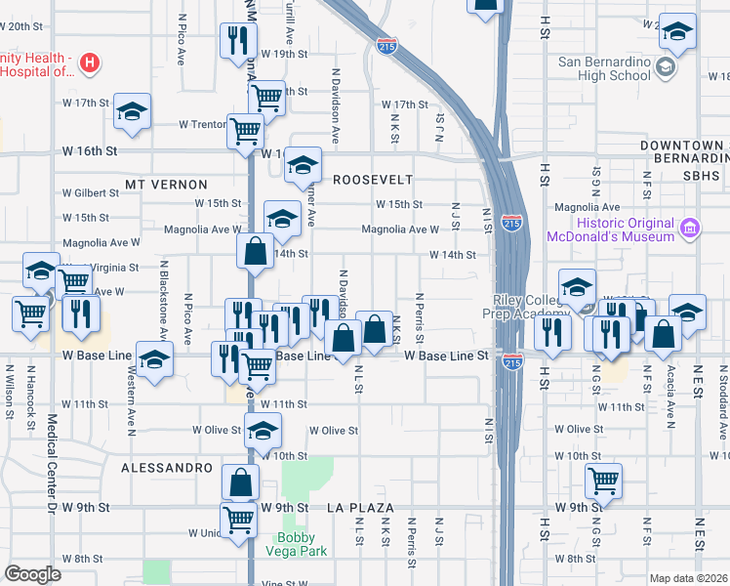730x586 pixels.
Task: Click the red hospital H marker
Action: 90,64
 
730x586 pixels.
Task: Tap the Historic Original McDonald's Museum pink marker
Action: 690,228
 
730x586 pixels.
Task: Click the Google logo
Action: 32,573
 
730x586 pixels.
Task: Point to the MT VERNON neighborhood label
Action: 166,184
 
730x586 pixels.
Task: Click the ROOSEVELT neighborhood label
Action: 373,180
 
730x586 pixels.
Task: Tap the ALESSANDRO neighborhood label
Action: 167,468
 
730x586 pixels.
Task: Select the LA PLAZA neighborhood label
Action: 360,508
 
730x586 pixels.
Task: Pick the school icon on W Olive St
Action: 263,429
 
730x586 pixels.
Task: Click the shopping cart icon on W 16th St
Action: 245,130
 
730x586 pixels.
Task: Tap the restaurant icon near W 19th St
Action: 238,40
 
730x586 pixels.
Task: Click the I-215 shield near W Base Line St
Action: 512,362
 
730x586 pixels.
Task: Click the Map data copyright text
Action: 687,578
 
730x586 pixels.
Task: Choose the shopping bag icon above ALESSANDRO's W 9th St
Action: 240,481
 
